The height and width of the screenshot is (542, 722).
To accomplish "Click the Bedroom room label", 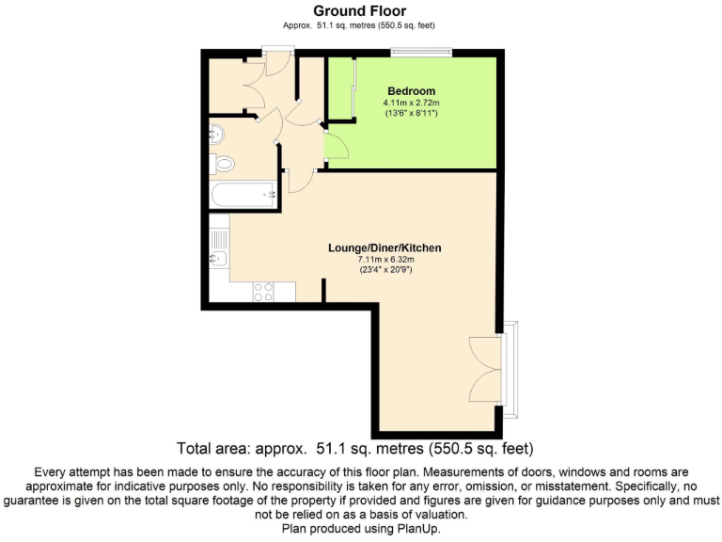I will pyautogui.click(x=410, y=91).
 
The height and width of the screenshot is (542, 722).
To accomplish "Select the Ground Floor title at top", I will pyautogui.click(x=360, y=11).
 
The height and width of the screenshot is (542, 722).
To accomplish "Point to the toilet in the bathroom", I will pyautogui.click(x=223, y=165).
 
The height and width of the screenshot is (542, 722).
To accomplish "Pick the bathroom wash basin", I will pyautogui.click(x=215, y=133).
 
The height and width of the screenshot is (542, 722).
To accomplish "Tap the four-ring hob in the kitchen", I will pyautogui.click(x=263, y=292).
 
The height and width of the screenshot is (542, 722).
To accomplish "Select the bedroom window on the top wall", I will pyautogui.click(x=421, y=52).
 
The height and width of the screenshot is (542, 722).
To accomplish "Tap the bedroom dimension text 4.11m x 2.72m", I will pyautogui.click(x=410, y=103).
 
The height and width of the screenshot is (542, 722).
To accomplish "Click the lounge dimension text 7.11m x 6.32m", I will pyautogui.click(x=384, y=260).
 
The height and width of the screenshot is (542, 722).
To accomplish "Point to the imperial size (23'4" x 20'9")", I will pyautogui.click(x=384, y=270).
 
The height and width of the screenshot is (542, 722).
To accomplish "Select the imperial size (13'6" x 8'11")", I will pyautogui.click(x=410, y=113).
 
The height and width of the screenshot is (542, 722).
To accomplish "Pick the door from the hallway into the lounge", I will pyautogui.click(x=301, y=179).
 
